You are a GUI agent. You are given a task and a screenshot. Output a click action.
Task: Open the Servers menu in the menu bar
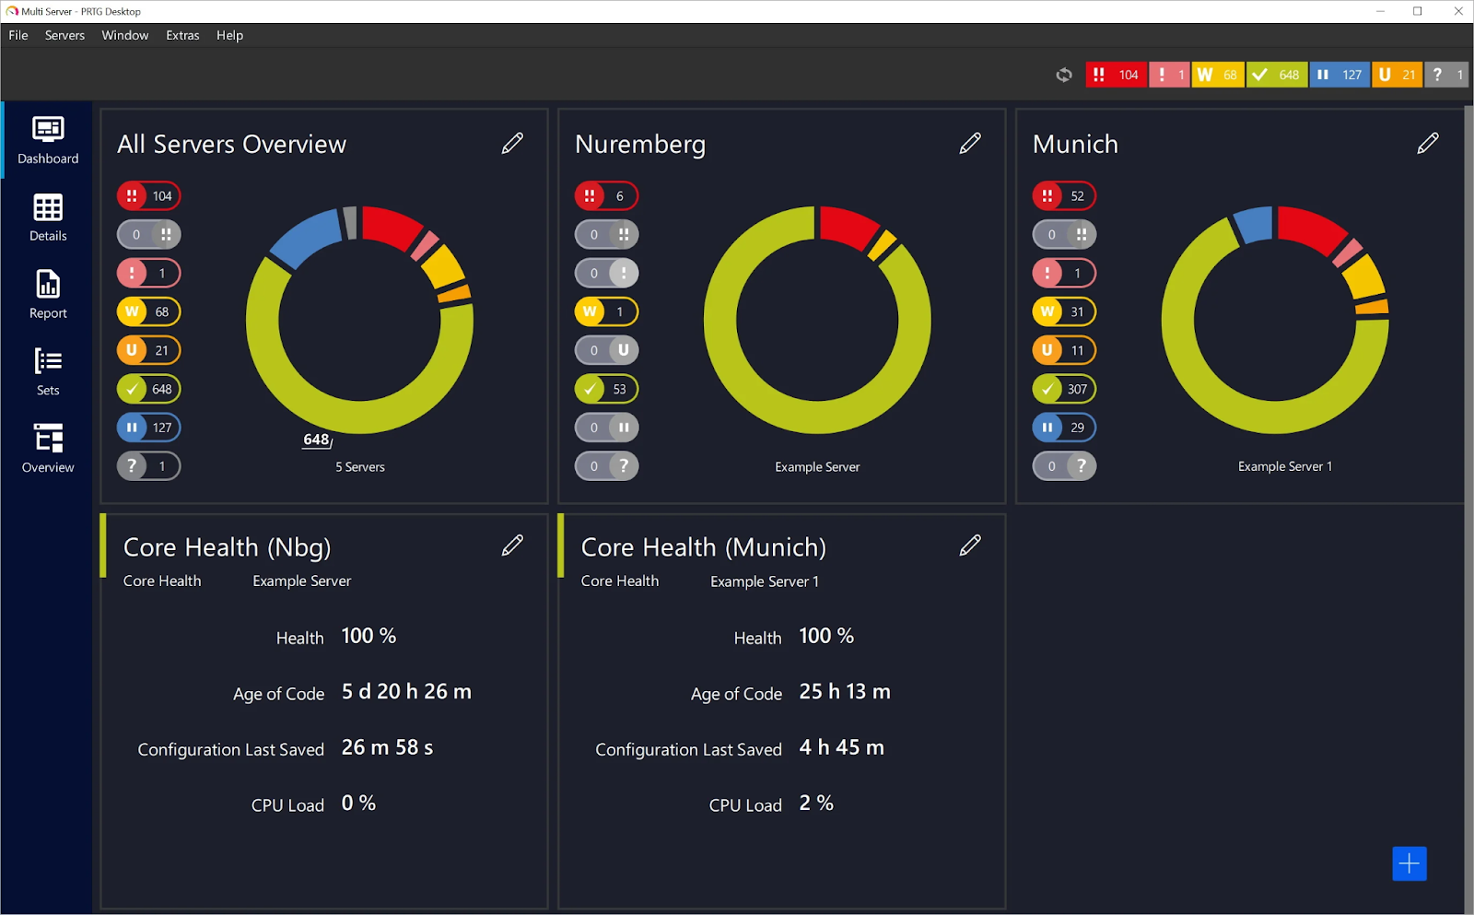pos(64,35)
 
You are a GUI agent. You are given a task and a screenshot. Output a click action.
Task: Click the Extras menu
pos(182,35)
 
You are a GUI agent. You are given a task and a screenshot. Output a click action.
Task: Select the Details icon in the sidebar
pos(48,217)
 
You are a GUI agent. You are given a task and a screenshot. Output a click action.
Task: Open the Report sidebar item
pos(48,294)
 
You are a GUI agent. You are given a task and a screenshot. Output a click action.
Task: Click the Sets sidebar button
pos(48,371)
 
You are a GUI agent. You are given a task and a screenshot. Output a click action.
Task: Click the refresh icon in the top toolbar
pos(1064,75)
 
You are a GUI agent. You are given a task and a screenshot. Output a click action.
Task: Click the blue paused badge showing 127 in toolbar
pos(1339,75)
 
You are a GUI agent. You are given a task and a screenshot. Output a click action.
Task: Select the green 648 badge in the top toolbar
pos(1277,75)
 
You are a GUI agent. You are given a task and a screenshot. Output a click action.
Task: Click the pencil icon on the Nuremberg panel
pos(970,143)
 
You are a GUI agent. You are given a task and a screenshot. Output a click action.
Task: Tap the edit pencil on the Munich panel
pos(1427,143)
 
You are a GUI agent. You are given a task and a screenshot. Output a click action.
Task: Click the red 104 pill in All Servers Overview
pos(149,196)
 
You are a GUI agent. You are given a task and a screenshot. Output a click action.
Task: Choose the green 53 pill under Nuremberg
pos(606,389)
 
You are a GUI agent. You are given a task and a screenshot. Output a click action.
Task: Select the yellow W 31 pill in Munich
pos(1064,311)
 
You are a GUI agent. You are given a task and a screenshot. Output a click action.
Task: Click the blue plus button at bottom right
pos(1409,863)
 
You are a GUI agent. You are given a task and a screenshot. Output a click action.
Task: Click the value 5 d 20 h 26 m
pos(406,692)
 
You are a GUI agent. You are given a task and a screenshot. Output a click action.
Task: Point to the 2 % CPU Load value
pos(816,804)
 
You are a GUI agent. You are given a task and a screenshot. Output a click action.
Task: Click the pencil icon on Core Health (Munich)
pos(970,545)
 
